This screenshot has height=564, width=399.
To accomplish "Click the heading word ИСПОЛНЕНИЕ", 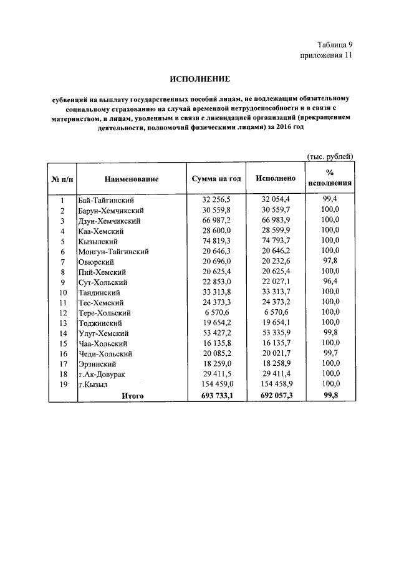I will click(x=200, y=79).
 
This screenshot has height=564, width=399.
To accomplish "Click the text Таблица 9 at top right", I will click(x=334, y=44).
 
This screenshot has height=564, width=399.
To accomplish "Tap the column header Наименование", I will click(x=131, y=179).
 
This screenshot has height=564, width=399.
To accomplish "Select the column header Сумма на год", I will click(x=216, y=179).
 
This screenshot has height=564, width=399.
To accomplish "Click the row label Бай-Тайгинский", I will click(x=107, y=200).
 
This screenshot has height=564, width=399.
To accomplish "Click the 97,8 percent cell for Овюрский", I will click(x=330, y=261).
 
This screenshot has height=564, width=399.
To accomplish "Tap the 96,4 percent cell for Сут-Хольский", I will click(x=330, y=282).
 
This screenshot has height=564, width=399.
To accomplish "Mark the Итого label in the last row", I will click(x=133, y=395).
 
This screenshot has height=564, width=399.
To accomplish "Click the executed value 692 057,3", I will click(x=274, y=395).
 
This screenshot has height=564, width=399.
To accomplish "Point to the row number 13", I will click(x=62, y=322).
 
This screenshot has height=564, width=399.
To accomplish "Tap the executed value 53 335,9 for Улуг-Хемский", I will click(x=274, y=333).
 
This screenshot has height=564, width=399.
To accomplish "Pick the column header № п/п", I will click(x=62, y=179).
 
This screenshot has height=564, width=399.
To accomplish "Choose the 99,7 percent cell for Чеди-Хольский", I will click(x=330, y=353).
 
